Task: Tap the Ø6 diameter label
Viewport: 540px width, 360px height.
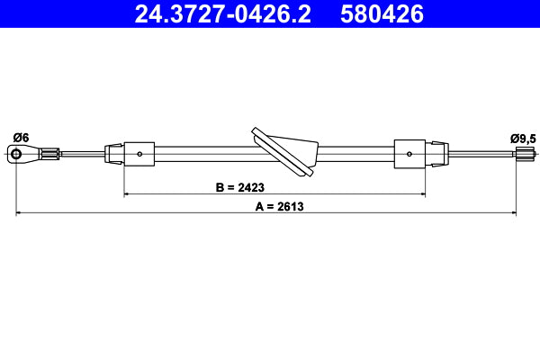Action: coord(21,138)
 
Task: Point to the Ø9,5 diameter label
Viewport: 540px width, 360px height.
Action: coord(522,138)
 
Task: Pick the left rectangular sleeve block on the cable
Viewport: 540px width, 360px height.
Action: coord(139,154)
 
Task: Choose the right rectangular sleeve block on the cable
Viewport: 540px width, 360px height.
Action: coord(409,153)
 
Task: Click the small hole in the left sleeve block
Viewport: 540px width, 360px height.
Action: coord(140,154)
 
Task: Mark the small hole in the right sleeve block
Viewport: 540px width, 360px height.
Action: coord(409,154)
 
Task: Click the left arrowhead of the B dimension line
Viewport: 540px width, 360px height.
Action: coord(127,193)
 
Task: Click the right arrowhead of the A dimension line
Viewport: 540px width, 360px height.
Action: coord(514,213)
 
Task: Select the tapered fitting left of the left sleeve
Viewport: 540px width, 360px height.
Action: coord(114,154)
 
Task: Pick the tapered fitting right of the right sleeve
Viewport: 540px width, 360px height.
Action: coord(436,153)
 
